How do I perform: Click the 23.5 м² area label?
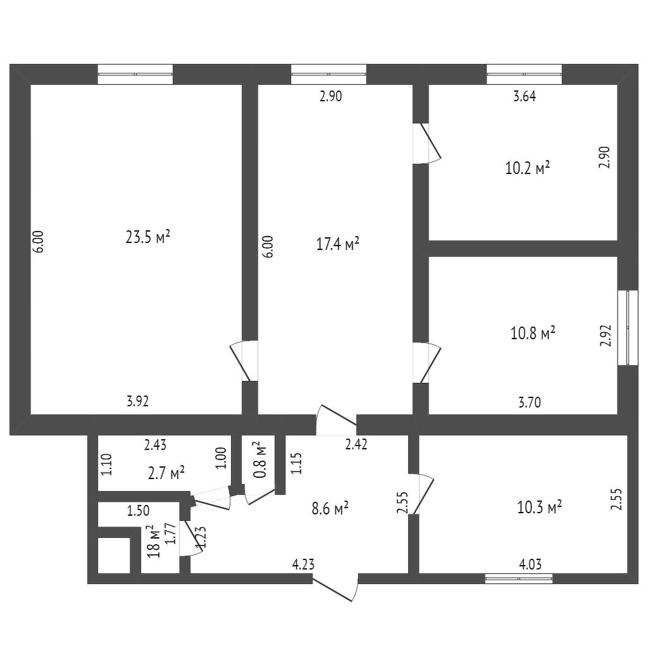click(148, 237)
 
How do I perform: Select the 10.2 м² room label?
click(527, 168)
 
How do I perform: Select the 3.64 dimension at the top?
click(525, 97)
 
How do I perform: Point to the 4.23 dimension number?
click(304, 564)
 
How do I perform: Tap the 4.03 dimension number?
click(529, 564)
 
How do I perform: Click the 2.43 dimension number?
click(156, 445)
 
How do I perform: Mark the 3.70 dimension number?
click(529, 401)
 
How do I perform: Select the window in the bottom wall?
click(519, 578)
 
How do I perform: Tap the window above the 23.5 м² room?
click(135, 75)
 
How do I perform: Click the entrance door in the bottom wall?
click(335, 586)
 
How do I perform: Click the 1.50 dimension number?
click(138, 511)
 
